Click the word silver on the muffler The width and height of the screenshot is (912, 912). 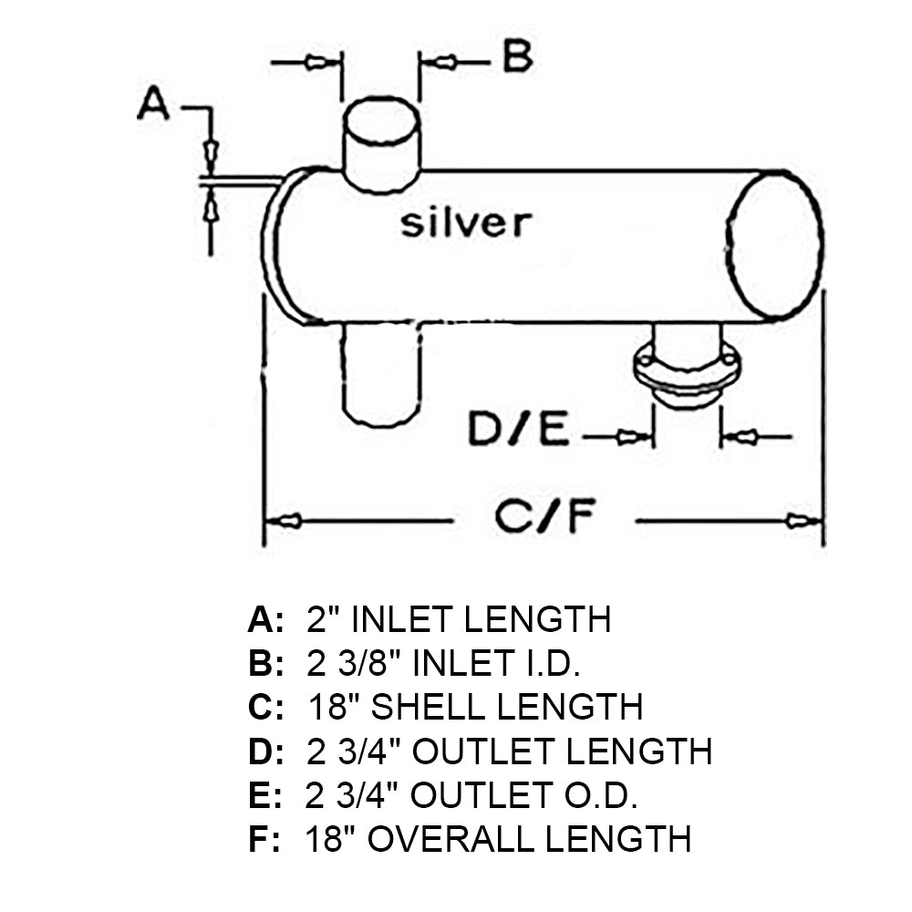click(465, 223)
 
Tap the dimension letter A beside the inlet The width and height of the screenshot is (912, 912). click(153, 104)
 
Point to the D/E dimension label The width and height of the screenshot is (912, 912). click(519, 431)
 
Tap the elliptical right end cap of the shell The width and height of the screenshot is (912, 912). click(776, 244)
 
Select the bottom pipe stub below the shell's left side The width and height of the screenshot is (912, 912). click(380, 374)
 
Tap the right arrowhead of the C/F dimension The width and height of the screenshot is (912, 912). click(803, 522)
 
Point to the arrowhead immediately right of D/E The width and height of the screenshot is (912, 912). click(629, 438)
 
